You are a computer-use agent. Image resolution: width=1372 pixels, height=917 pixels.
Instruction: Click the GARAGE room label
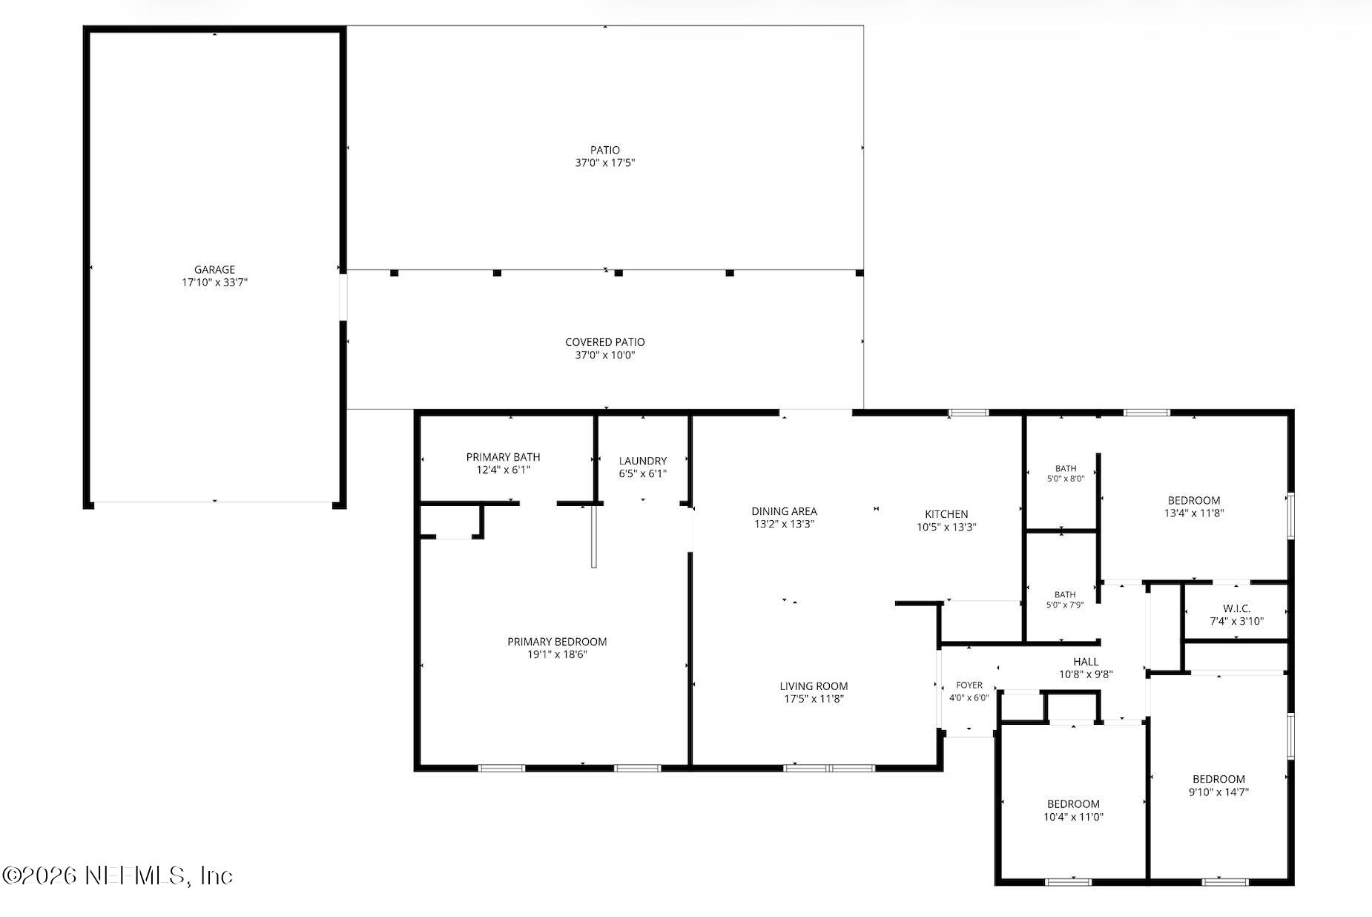pos(214,270)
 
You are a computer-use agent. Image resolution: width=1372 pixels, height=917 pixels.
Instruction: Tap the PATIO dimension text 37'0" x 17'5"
pos(605,162)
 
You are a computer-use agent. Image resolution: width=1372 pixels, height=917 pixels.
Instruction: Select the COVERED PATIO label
pos(605,342)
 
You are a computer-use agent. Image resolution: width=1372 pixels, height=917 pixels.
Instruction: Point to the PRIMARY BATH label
pos(503,457)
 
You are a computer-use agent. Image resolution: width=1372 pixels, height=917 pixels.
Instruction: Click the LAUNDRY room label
pos(643,461)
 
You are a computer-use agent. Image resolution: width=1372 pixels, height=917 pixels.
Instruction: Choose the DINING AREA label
pos(784,511)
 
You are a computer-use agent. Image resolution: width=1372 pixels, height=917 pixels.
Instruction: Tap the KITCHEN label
pos(946,514)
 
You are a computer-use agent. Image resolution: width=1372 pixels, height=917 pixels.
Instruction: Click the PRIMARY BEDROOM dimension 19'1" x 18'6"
pos(557,654)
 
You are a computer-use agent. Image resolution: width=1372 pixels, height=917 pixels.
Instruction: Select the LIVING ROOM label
pos(814,686)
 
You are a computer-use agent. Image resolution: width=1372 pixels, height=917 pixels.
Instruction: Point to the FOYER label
pos(969,686)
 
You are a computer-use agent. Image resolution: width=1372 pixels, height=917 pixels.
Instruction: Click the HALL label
pos(1086,662)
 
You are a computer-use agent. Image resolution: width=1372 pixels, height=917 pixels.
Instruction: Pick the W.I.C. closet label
pos(1236,608)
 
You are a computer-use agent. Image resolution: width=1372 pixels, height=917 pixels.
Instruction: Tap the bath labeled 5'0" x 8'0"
pos(1066,473)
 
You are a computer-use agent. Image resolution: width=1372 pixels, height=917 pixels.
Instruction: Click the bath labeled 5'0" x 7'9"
pos(1065,599)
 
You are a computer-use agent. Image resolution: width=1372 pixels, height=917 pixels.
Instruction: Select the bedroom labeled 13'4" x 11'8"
pos(1194,506)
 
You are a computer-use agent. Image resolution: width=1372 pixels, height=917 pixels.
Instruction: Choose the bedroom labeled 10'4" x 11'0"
pos(1073,810)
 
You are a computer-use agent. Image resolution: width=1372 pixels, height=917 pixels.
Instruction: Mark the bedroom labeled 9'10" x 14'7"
pos(1218,785)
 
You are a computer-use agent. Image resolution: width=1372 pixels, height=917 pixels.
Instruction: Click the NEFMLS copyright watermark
pos(118,875)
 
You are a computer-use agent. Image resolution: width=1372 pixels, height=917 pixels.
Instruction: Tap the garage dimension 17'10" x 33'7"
pos(214,283)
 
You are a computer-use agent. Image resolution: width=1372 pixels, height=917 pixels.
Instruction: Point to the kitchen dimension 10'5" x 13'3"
pos(946,527)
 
